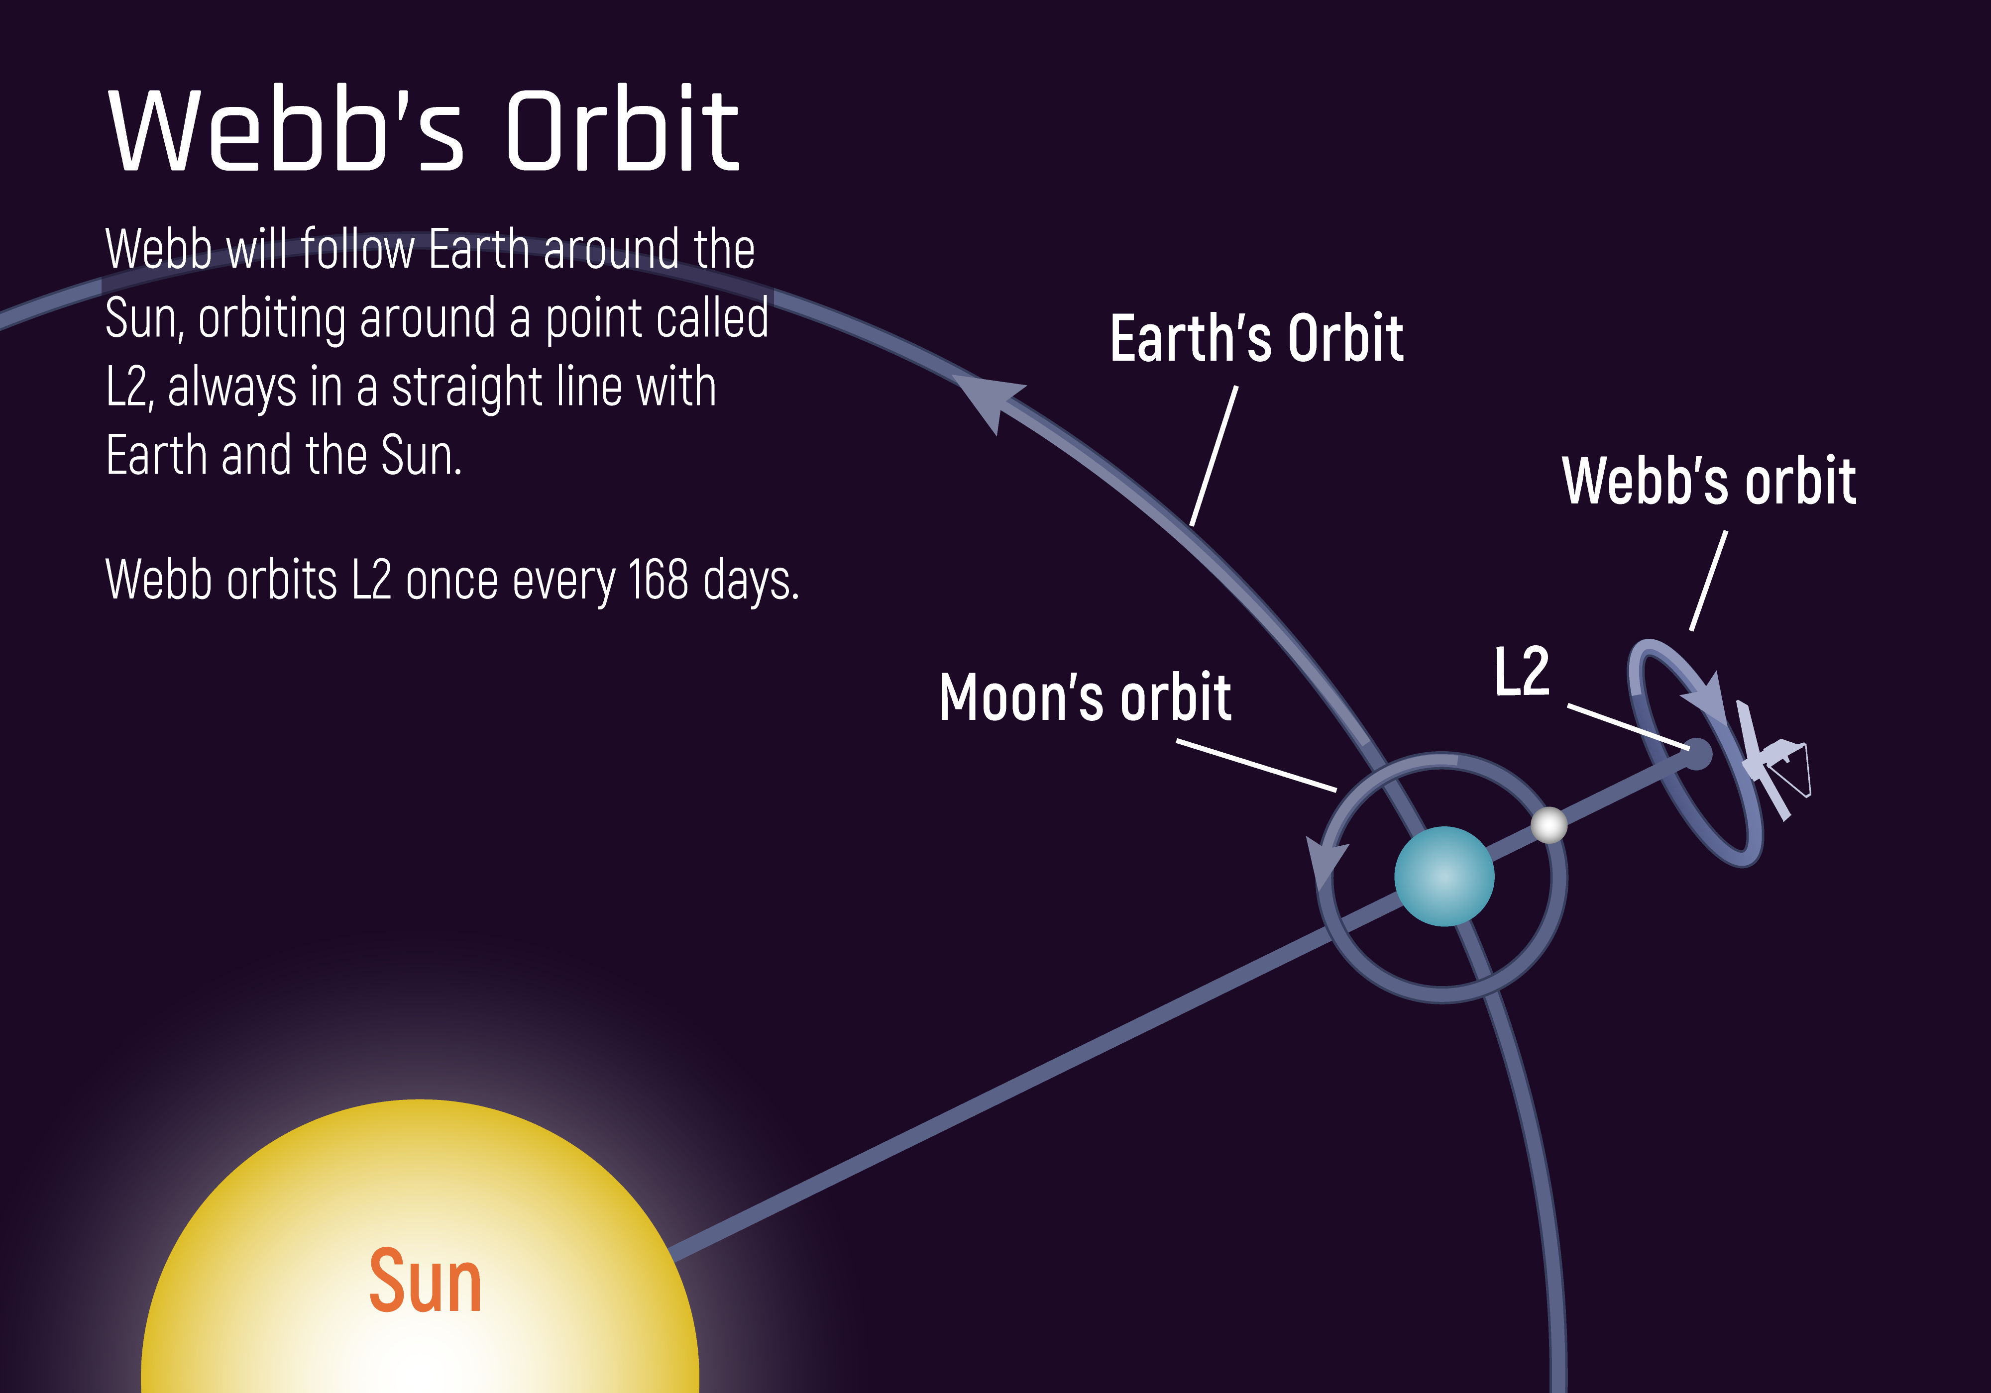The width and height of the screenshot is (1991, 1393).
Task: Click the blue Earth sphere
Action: click(1444, 877)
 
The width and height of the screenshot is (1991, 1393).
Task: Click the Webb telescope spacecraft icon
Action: click(1773, 760)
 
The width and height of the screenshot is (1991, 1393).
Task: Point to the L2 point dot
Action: click(1696, 753)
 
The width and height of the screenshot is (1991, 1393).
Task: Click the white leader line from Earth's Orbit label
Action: click(1214, 456)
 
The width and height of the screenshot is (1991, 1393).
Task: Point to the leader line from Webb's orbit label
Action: click(1708, 581)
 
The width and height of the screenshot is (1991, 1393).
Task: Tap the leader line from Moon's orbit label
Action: click(1256, 766)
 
